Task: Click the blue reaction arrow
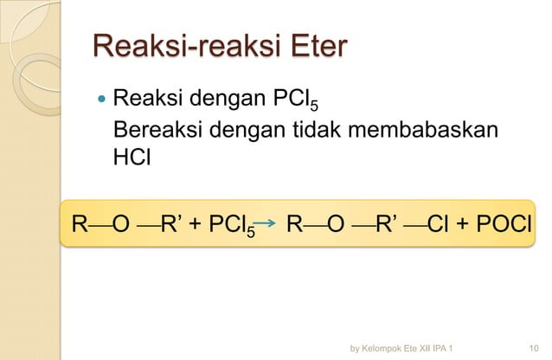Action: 268,227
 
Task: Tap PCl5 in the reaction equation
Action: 228,227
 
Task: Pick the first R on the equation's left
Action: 79,225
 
